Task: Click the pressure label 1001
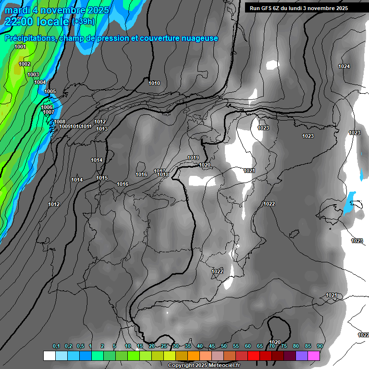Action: (x=20, y=47)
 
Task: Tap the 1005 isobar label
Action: (x=50, y=91)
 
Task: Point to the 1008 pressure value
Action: (x=60, y=122)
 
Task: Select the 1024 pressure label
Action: (x=344, y=66)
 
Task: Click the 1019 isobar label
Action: (x=193, y=158)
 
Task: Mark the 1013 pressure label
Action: (x=102, y=129)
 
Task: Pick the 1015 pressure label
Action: (x=102, y=178)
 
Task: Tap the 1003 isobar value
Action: (x=33, y=74)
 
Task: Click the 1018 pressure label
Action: (x=163, y=174)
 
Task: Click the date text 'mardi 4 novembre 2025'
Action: (x=57, y=10)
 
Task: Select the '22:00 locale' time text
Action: (x=37, y=21)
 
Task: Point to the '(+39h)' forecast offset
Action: (x=83, y=22)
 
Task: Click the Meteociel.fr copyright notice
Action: (x=204, y=365)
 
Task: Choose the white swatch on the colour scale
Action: (x=49, y=356)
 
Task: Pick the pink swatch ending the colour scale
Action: (x=314, y=356)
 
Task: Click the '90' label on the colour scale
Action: (x=320, y=346)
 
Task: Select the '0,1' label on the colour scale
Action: (x=56, y=346)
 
